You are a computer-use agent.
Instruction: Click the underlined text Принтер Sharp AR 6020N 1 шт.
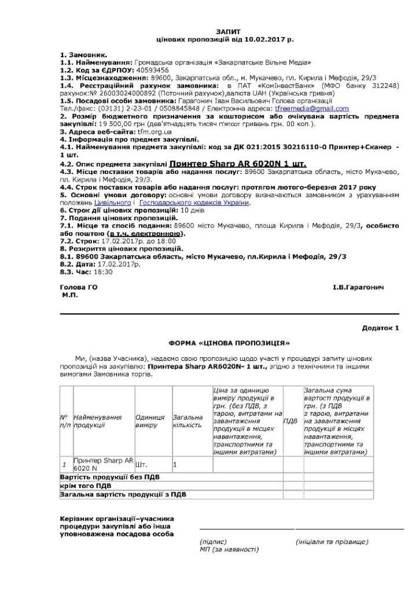(237, 164)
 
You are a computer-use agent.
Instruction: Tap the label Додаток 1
(380, 327)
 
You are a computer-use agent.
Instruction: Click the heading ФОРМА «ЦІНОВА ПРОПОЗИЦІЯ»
(224, 343)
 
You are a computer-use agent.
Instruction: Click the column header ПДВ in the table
(290, 420)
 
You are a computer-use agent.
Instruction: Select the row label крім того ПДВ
(86, 486)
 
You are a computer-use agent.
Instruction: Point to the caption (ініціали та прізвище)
(331, 540)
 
